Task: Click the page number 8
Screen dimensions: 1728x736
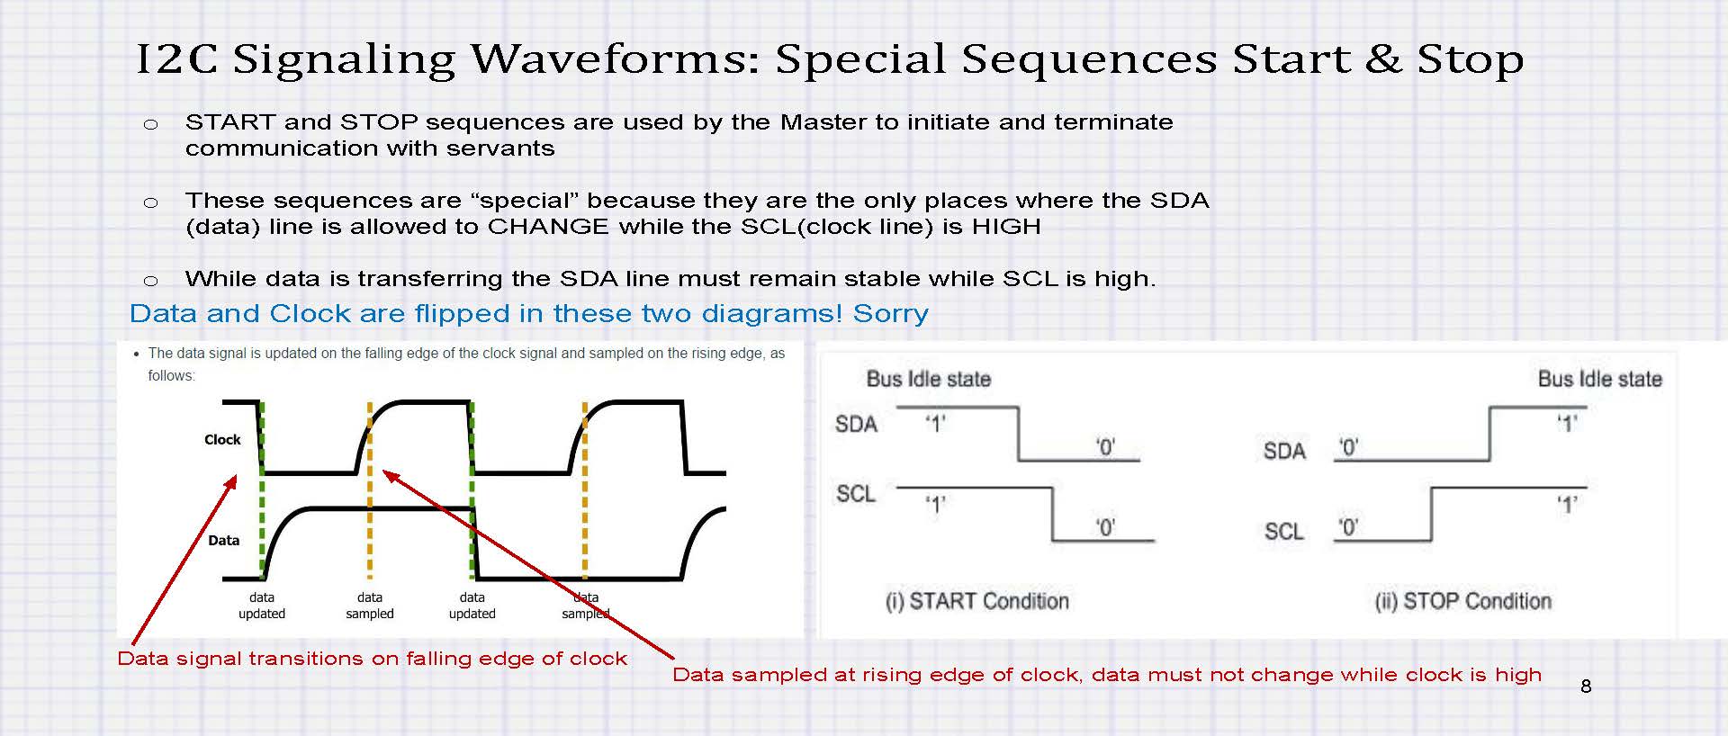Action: coord(1586,687)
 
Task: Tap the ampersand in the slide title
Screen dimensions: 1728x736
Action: coord(1382,59)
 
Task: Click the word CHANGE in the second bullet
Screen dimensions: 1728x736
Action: coord(548,226)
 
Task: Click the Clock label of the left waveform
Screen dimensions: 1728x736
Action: coord(222,440)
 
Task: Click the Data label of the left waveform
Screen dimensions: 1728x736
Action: coord(223,541)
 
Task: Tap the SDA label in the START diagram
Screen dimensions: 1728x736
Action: coord(856,424)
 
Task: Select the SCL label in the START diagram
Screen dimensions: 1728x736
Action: coord(856,494)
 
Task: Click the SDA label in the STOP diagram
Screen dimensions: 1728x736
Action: coord(1284,451)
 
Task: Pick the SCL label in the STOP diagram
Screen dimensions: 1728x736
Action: coord(1284,532)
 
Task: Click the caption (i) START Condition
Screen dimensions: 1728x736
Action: coord(977,601)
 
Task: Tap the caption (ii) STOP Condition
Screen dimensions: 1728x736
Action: coord(1463,601)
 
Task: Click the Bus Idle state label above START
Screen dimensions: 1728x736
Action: coord(929,379)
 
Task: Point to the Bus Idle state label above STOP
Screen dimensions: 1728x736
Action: coord(1600,379)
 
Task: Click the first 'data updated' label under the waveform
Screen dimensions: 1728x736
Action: coord(262,606)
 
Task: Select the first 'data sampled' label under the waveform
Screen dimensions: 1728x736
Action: coord(370,606)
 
